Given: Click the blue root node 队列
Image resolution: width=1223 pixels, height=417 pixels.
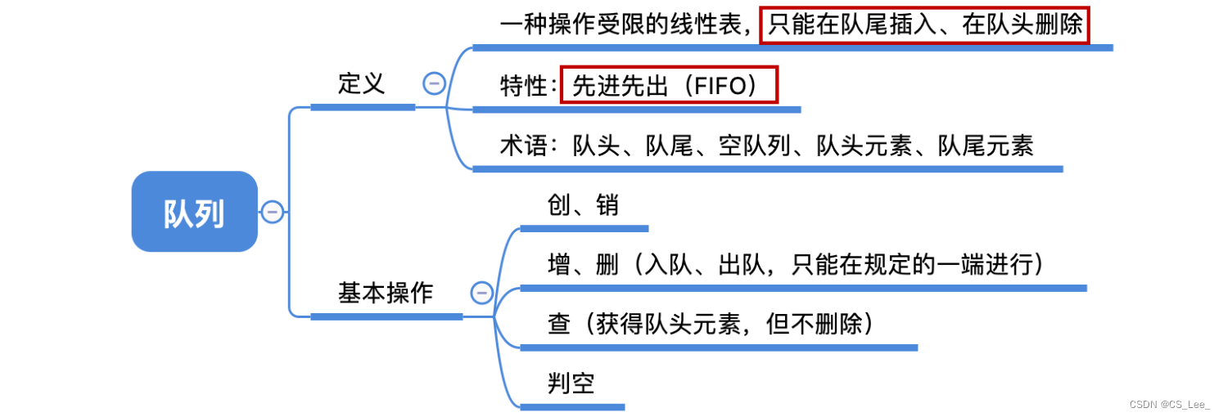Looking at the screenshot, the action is point(194,212).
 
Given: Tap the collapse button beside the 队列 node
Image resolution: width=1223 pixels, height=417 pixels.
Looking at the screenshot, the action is point(272,212).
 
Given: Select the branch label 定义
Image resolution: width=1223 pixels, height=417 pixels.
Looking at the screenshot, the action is point(361,83).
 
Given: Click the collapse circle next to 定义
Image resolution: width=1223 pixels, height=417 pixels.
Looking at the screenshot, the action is point(433,83).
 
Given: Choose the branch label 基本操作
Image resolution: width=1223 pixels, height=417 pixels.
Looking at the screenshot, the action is point(385,293).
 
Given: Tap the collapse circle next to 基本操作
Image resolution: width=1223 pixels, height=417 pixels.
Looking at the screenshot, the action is point(481,293).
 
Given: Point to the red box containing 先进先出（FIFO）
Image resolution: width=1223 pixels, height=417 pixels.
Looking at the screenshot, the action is point(668,85).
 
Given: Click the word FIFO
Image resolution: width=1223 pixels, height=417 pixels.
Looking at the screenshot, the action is point(715,86).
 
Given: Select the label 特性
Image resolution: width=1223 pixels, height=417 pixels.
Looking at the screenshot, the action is point(523,86).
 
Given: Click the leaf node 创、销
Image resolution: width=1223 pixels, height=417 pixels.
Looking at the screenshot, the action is point(582,205).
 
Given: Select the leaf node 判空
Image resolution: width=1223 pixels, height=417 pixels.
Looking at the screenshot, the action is point(571,383).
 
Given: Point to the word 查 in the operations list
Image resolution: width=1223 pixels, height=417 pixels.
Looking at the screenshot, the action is point(559,325).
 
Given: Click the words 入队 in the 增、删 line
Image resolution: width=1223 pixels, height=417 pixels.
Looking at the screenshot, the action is point(668,265).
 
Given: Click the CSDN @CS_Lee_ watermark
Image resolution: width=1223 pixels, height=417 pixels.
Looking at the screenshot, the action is point(1168,404).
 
